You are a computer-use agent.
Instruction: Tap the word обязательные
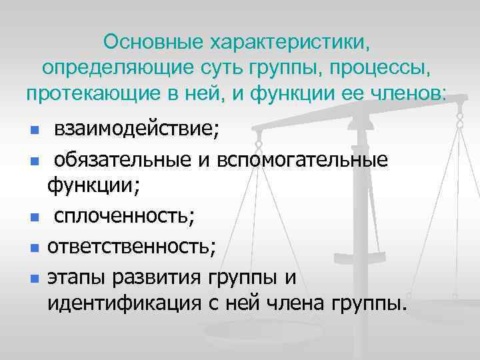point(135,160)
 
